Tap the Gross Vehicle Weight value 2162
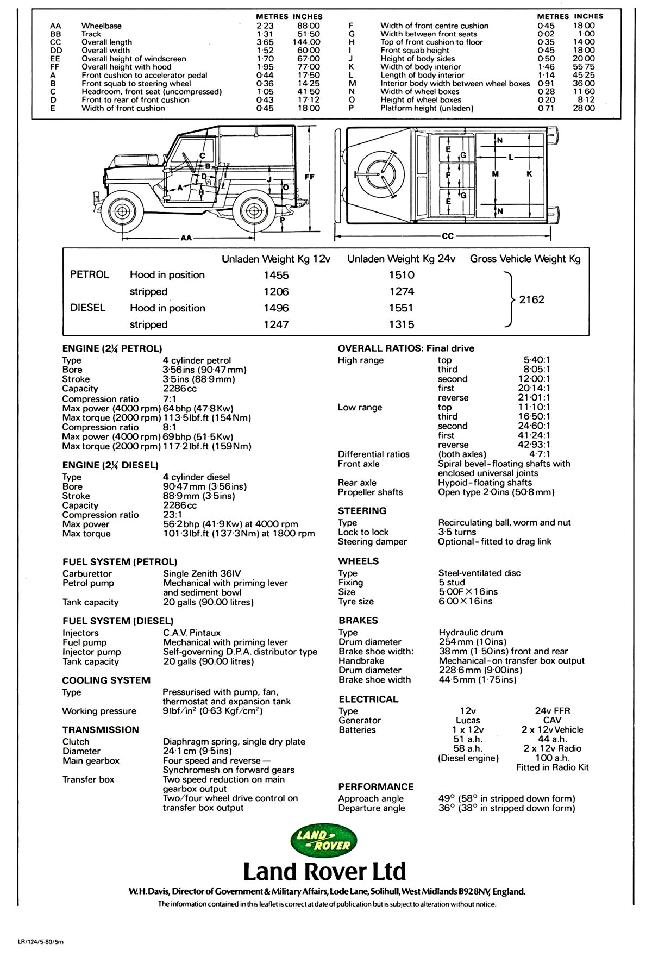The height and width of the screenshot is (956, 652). tap(531, 299)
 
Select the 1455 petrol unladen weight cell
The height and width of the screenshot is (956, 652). tap(276, 275)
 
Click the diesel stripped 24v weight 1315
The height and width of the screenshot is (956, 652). tap(402, 324)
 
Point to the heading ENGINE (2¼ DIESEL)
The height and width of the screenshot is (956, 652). tap(110, 465)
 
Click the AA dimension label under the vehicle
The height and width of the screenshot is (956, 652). tap(186, 238)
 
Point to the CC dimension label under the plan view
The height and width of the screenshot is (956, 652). tap(448, 236)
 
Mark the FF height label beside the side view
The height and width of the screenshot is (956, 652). tap(309, 177)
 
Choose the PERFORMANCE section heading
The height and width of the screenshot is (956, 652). tap(375, 786)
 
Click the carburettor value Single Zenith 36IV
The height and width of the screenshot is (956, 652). tap(202, 573)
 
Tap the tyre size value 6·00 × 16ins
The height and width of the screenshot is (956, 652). tap(465, 601)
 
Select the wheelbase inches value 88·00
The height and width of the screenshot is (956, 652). tap(309, 26)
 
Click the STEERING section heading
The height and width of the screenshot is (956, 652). tap(362, 511)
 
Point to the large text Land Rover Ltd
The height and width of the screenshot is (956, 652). tap(324, 871)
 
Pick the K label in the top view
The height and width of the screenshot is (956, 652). tap(529, 174)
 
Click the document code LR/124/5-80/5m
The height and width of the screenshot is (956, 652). tap(40, 942)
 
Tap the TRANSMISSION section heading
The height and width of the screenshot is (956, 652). tap(101, 730)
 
